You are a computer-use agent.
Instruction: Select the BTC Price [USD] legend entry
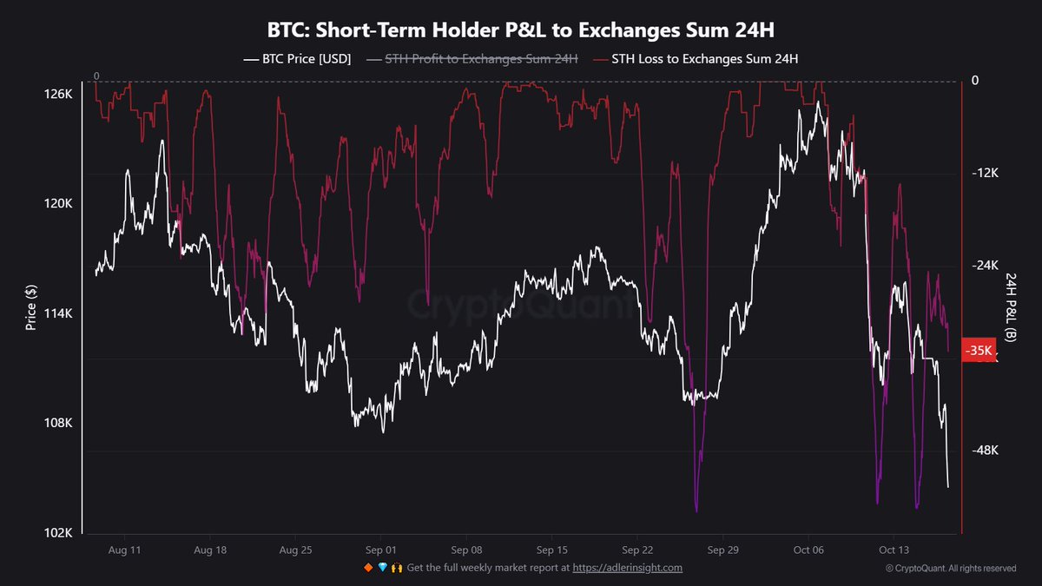tap(297, 59)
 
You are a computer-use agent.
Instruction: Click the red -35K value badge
tap(980, 351)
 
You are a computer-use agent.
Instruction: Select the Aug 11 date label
tap(125, 550)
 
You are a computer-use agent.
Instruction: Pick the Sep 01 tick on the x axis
tap(380, 550)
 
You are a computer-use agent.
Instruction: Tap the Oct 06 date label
tap(808, 550)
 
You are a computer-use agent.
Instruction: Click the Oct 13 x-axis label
tap(894, 550)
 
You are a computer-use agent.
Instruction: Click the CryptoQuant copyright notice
tap(950, 569)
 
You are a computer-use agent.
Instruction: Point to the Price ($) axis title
tap(31, 308)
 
